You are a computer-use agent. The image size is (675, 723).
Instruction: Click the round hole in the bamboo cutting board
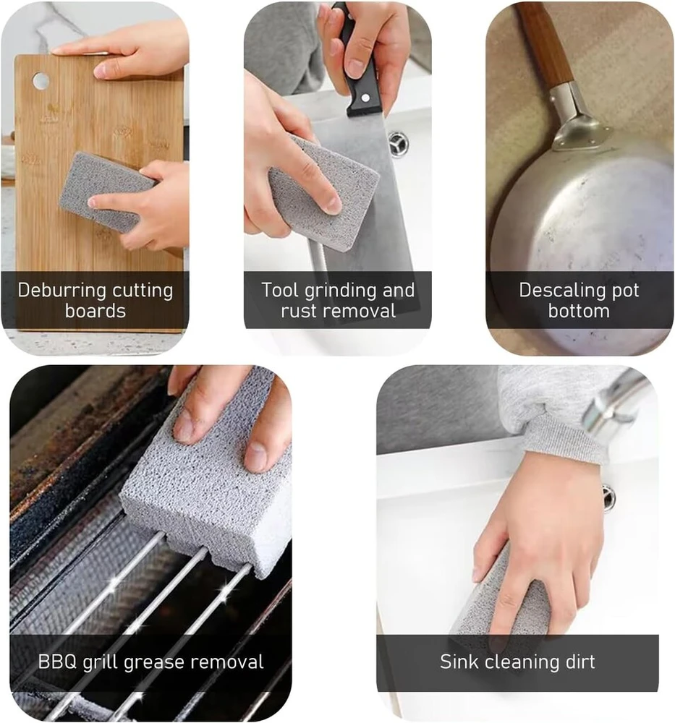pos(41,81)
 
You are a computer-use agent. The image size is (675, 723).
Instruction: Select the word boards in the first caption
pos(95,311)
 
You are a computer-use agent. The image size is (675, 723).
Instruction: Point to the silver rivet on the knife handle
pos(366,98)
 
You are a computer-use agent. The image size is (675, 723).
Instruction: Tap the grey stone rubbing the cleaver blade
pos(324,194)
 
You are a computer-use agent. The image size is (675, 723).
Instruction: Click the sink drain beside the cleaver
pos(398,143)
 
